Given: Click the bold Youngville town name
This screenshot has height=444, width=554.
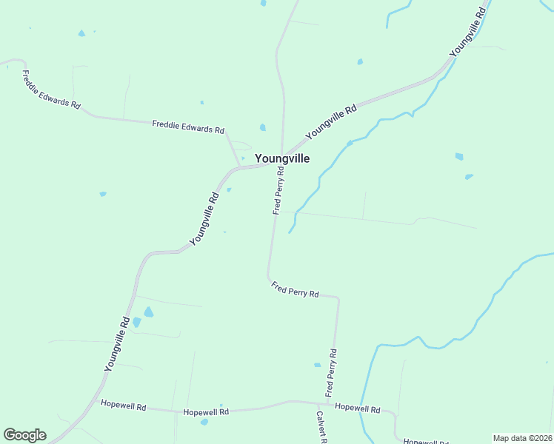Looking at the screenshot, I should coord(281,158).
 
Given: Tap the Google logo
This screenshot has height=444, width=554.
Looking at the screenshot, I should coord(24,435).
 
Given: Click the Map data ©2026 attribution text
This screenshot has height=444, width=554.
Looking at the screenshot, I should coord(523,438).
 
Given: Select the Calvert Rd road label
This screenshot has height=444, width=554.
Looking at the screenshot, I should coord(322,428).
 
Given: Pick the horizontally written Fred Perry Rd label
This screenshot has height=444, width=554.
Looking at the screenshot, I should coord(295,289).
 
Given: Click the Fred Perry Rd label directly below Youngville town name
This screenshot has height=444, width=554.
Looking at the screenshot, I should coord(278,190).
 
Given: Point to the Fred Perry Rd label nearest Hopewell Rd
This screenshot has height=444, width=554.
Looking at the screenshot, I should coord(331,371).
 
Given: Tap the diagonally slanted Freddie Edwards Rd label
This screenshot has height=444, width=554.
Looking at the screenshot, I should coord(51,90).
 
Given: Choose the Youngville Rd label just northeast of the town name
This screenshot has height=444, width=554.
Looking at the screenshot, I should coord(331,119).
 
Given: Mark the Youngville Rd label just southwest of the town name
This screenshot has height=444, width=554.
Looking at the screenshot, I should coord(205,219).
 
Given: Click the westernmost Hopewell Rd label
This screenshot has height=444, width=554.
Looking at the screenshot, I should coord(124,406).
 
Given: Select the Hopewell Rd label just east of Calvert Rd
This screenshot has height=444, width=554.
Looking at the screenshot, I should coord(357,408).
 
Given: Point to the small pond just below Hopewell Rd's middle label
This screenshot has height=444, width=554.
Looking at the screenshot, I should coord(204,422).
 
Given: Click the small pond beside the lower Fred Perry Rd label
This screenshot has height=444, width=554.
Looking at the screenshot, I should coord(318,365).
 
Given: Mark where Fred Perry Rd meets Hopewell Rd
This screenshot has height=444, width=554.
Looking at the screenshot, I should coord(328,403).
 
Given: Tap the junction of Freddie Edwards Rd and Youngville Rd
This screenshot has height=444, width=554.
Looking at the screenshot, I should coord(239,167).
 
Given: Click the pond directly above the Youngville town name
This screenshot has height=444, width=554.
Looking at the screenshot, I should coord(263,127).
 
